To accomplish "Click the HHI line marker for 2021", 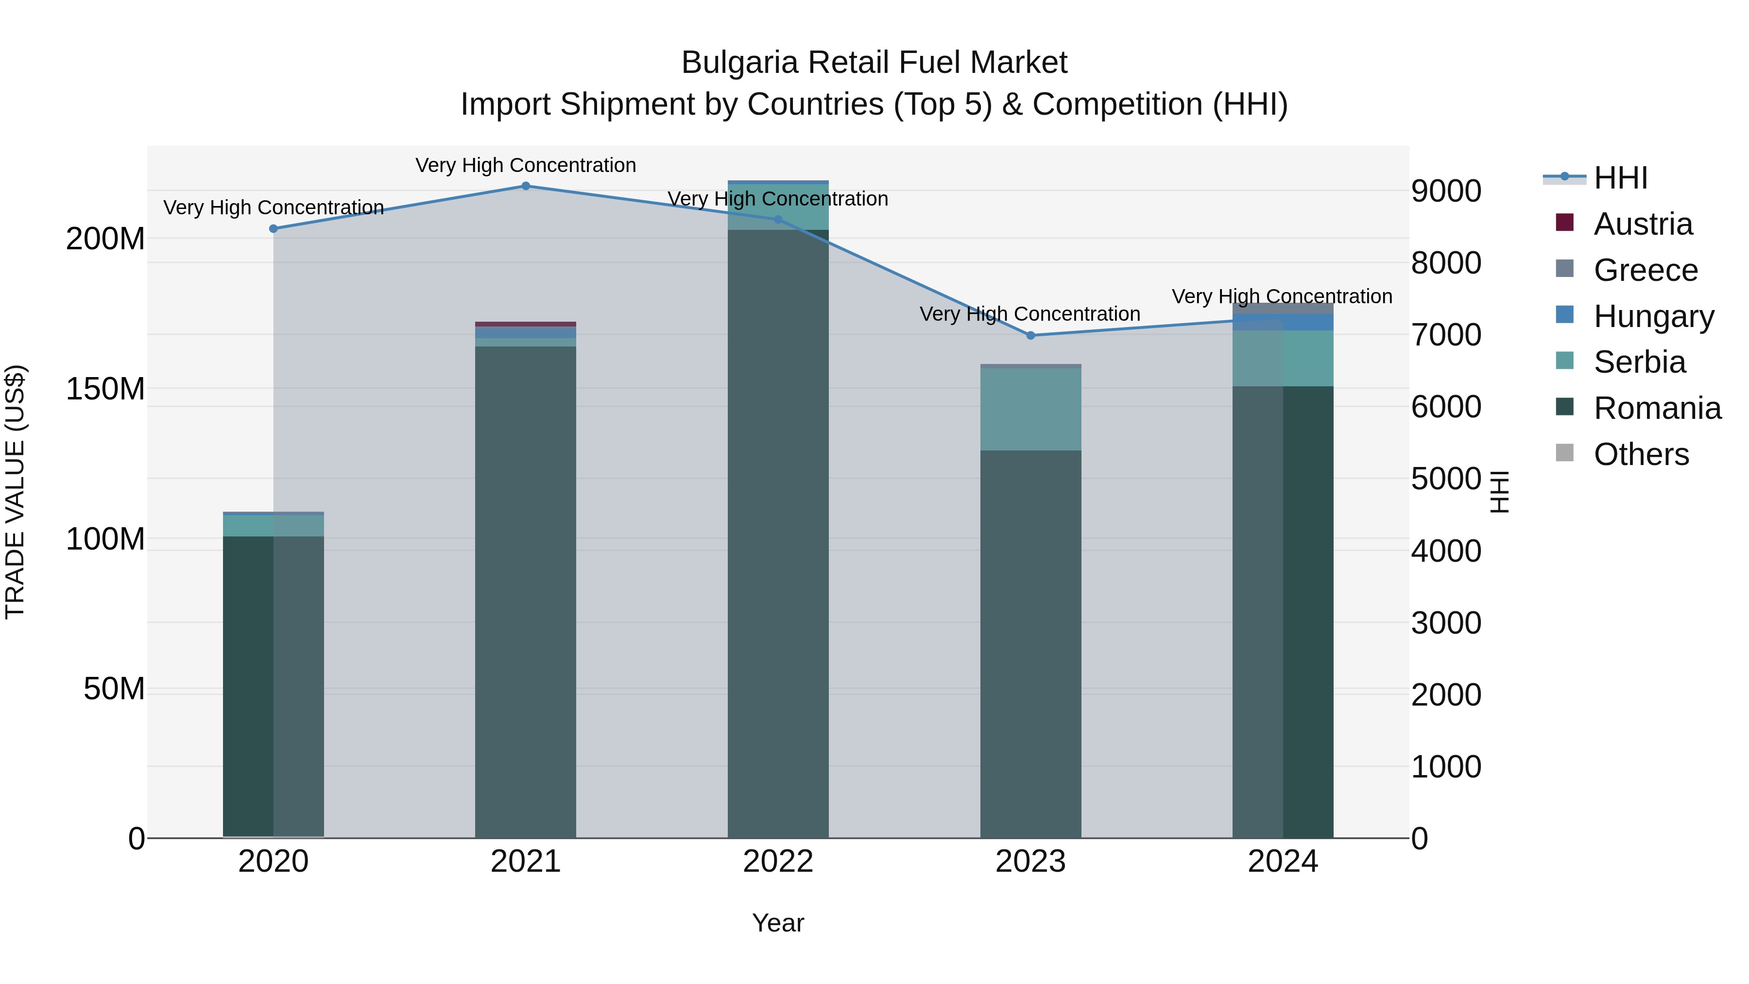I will click(x=526, y=186).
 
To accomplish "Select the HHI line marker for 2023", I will click(x=1030, y=335).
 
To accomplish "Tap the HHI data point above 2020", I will click(x=274, y=229).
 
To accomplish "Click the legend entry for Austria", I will click(x=1643, y=224).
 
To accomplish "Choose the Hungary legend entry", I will click(x=1654, y=316).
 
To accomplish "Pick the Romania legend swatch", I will click(x=1564, y=407).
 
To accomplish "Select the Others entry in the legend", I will click(x=1641, y=454).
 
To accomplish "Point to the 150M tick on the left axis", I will click(x=105, y=389).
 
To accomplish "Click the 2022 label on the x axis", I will click(x=778, y=862).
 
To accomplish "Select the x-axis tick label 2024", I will click(x=1283, y=862).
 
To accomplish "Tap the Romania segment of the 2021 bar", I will click(x=526, y=591).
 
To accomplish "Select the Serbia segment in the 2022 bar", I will click(x=778, y=207).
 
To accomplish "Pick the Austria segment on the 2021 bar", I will click(x=526, y=325).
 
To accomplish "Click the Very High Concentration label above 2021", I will click(x=526, y=165).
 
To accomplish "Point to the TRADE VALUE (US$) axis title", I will click(x=15, y=492).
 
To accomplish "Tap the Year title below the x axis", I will click(x=778, y=923).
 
